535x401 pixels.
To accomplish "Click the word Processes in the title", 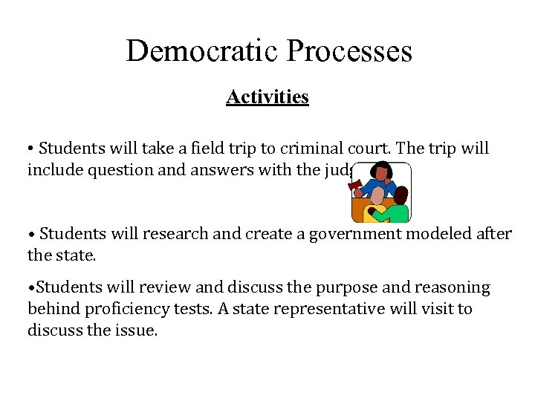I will [348, 51].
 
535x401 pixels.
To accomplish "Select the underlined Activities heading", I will [267, 97].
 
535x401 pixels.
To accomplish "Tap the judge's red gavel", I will [354, 181].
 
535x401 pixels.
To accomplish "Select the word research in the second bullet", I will [179, 234].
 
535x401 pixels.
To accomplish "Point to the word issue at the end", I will [139, 330].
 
